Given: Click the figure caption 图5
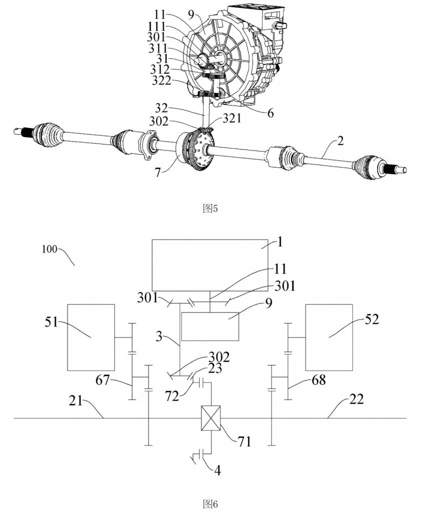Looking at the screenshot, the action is click(x=210, y=208).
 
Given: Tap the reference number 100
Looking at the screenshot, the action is click(x=49, y=249).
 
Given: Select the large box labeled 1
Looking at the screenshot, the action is click(x=210, y=265).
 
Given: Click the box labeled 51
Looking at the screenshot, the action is click(x=91, y=337).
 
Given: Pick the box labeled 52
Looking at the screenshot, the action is click(x=329, y=337).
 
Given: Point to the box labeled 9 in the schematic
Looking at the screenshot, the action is click(x=210, y=326).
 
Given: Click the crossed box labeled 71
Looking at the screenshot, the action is click(x=211, y=418).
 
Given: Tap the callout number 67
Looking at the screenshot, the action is click(x=103, y=380).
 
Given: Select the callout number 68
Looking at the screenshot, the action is click(x=318, y=380).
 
